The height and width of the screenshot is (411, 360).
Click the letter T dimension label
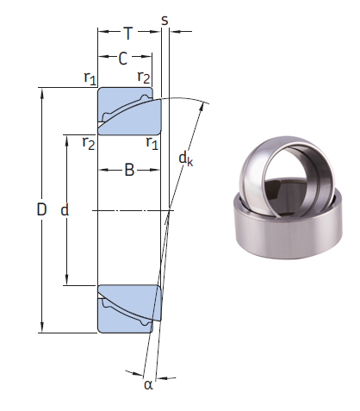(128, 34)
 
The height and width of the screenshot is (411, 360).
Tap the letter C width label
(123, 59)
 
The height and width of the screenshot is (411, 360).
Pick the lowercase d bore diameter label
(65, 209)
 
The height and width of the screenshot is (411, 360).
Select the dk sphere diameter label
(185, 158)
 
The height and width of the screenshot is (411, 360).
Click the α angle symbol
(147, 384)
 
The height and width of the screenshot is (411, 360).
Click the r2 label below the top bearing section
(88, 142)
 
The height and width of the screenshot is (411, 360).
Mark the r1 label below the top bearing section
(152, 142)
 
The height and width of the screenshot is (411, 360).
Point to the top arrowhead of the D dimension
(42, 91)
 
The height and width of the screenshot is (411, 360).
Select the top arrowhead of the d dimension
(67, 139)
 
